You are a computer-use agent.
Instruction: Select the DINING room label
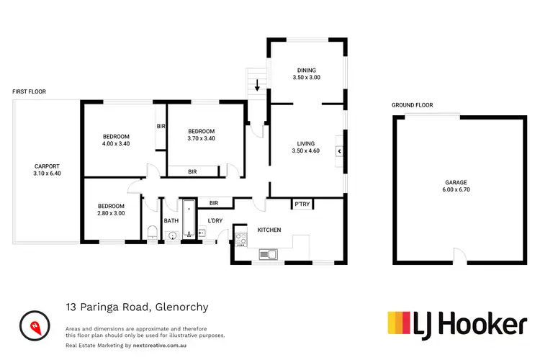305,71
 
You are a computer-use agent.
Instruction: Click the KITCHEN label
269,230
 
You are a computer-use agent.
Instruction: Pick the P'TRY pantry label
302,205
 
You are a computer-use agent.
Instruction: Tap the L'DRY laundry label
215,220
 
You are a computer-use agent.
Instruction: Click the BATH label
171,221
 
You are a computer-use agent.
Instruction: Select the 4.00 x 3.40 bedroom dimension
115,144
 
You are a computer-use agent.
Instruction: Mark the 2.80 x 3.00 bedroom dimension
111,213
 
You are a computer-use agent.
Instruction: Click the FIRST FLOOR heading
29,92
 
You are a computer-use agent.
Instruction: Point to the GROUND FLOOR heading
413,105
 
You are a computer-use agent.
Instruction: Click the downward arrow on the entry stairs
257,87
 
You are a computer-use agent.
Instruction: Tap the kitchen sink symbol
268,253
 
